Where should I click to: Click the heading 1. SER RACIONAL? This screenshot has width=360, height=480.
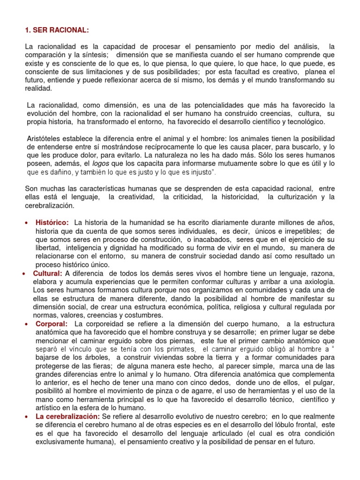click(x=56, y=30)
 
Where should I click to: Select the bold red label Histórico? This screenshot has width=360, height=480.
click(x=52, y=222)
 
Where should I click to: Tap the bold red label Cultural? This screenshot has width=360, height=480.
click(x=47, y=273)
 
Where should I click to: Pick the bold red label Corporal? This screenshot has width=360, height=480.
click(x=52, y=324)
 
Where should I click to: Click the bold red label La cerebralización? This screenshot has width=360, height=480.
click(x=67, y=417)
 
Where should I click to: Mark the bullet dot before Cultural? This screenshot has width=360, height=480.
click(x=23, y=273)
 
